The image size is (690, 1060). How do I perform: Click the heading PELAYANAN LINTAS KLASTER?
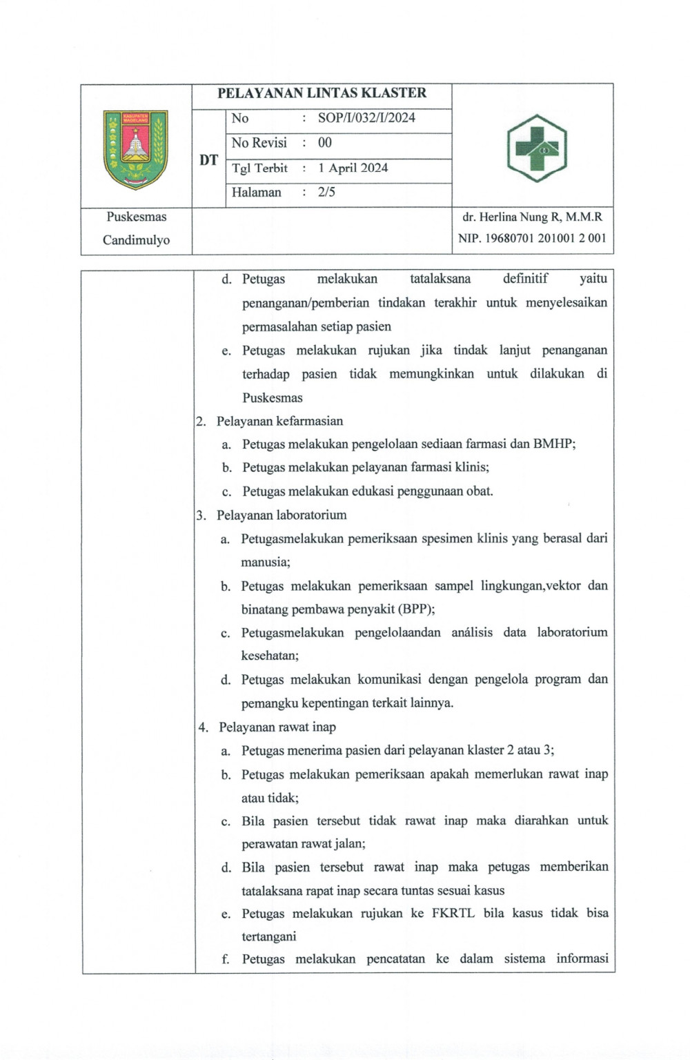click(x=322, y=93)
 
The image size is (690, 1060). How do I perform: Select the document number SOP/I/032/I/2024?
click(x=366, y=118)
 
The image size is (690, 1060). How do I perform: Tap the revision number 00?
click(x=325, y=143)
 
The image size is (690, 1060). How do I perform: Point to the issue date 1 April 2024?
click(x=353, y=168)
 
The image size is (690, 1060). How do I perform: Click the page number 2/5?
click(x=326, y=193)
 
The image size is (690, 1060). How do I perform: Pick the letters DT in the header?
click(x=208, y=160)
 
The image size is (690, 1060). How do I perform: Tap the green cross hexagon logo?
click(x=537, y=148)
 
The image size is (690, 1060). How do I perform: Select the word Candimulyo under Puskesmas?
click(x=136, y=240)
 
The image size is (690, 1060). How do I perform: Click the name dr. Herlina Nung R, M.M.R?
click(x=532, y=217)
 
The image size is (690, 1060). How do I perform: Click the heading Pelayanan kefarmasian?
click(x=279, y=421)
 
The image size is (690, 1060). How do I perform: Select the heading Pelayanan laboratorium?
click(x=282, y=515)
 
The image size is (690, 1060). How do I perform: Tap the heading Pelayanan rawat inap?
click(x=277, y=727)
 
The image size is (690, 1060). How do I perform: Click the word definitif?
click(x=525, y=279)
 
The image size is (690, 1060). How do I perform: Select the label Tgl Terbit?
click(x=259, y=168)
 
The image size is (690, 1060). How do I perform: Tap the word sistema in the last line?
click(x=524, y=959)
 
